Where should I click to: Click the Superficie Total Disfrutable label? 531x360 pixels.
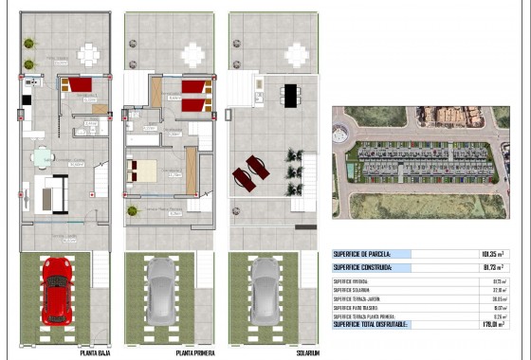click(371, 325)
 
